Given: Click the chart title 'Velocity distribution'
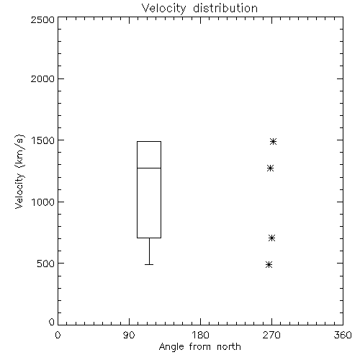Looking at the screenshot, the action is click(x=199, y=8).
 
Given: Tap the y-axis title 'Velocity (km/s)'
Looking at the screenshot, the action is click(x=19, y=171).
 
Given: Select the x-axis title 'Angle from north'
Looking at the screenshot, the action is click(x=199, y=346).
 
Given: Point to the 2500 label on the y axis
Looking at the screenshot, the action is click(x=42, y=19).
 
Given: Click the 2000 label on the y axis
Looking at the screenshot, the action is click(x=42, y=78).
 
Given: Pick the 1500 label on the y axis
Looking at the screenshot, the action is click(x=43, y=140).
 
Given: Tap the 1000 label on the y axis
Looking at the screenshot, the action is click(x=43, y=202).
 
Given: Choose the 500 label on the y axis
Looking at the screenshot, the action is click(x=46, y=264).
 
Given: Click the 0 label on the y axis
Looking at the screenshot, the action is click(x=52, y=322).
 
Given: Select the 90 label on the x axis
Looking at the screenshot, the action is click(x=129, y=335).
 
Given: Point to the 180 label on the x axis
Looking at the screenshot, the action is click(x=200, y=335).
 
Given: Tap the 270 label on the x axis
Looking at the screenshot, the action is click(x=271, y=335).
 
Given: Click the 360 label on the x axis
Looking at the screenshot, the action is click(x=343, y=335).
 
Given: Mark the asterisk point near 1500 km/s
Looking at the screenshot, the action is click(x=273, y=142).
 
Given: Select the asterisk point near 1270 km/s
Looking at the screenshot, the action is click(x=270, y=168).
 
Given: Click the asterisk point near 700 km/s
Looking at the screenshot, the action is click(x=271, y=238).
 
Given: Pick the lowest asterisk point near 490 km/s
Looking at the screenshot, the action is click(x=269, y=265).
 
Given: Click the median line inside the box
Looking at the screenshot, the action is click(x=149, y=168).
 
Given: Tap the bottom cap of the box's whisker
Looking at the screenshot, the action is click(x=149, y=264).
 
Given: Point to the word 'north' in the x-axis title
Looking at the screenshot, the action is click(x=229, y=346).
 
